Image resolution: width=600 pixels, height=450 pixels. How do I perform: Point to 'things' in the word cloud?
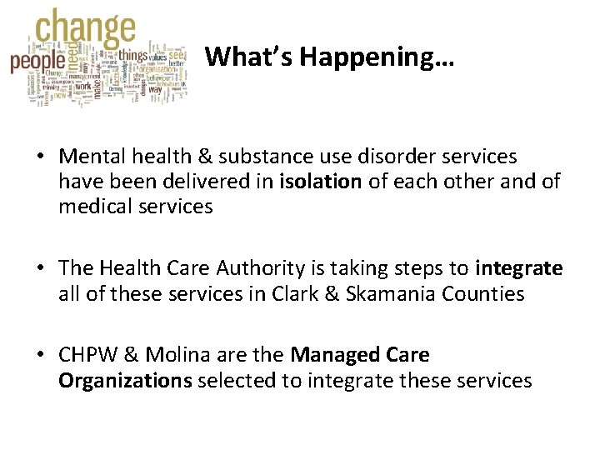click(133, 56)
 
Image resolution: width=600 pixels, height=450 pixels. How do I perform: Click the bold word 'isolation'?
click(322, 182)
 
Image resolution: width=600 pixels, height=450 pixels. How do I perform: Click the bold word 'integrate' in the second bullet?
click(519, 268)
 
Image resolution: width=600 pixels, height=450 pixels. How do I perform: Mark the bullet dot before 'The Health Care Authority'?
click(39, 269)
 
